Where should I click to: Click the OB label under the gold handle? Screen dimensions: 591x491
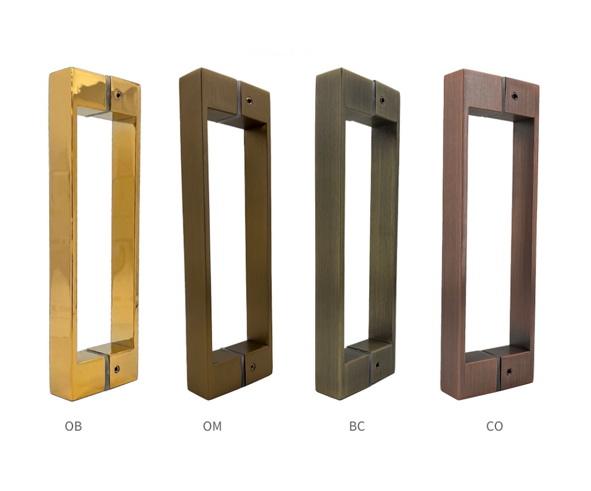pos(73,426)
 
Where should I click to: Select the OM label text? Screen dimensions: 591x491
pos(212,426)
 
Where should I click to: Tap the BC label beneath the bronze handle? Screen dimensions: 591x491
pos(357,426)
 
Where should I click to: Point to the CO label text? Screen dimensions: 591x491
pos(495,426)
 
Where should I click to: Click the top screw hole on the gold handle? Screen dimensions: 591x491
pos(119,95)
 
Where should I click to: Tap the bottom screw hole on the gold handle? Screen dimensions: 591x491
pos(117,369)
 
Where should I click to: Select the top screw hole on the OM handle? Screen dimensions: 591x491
pos(249,101)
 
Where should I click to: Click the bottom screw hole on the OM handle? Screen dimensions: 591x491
pos(252,367)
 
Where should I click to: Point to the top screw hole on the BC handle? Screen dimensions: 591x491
pos(383,100)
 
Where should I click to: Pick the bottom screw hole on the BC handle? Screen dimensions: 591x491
pos(377,365)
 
